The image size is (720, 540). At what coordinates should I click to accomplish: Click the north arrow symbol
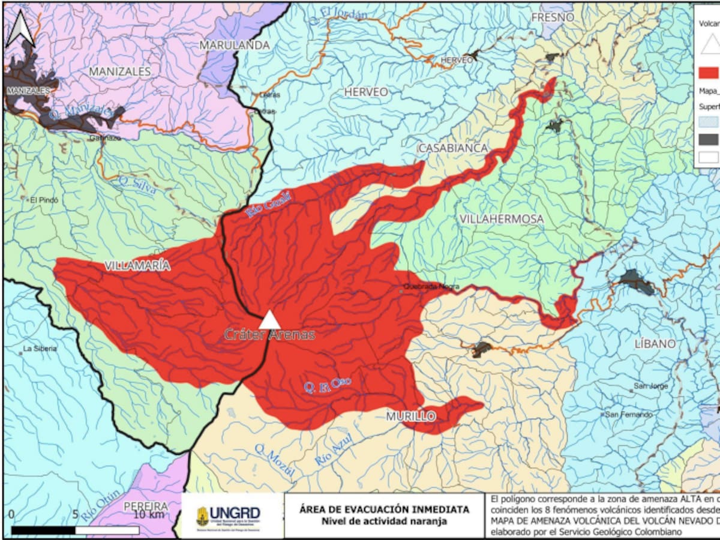[20, 30]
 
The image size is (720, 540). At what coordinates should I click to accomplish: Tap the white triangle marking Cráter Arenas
[269, 320]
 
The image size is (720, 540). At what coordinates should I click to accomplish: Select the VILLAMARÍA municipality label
[137, 266]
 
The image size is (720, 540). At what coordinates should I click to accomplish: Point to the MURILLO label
[410, 416]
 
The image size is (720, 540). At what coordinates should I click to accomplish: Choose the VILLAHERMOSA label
[502, 219]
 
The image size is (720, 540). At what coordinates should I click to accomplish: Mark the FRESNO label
[553, 17]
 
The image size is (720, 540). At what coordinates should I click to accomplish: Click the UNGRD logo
[229, 515]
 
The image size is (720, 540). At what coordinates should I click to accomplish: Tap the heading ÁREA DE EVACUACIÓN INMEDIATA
[384, 509]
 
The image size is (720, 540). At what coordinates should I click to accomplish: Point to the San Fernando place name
[628, 415]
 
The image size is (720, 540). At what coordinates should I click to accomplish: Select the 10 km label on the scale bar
[149, 515]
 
